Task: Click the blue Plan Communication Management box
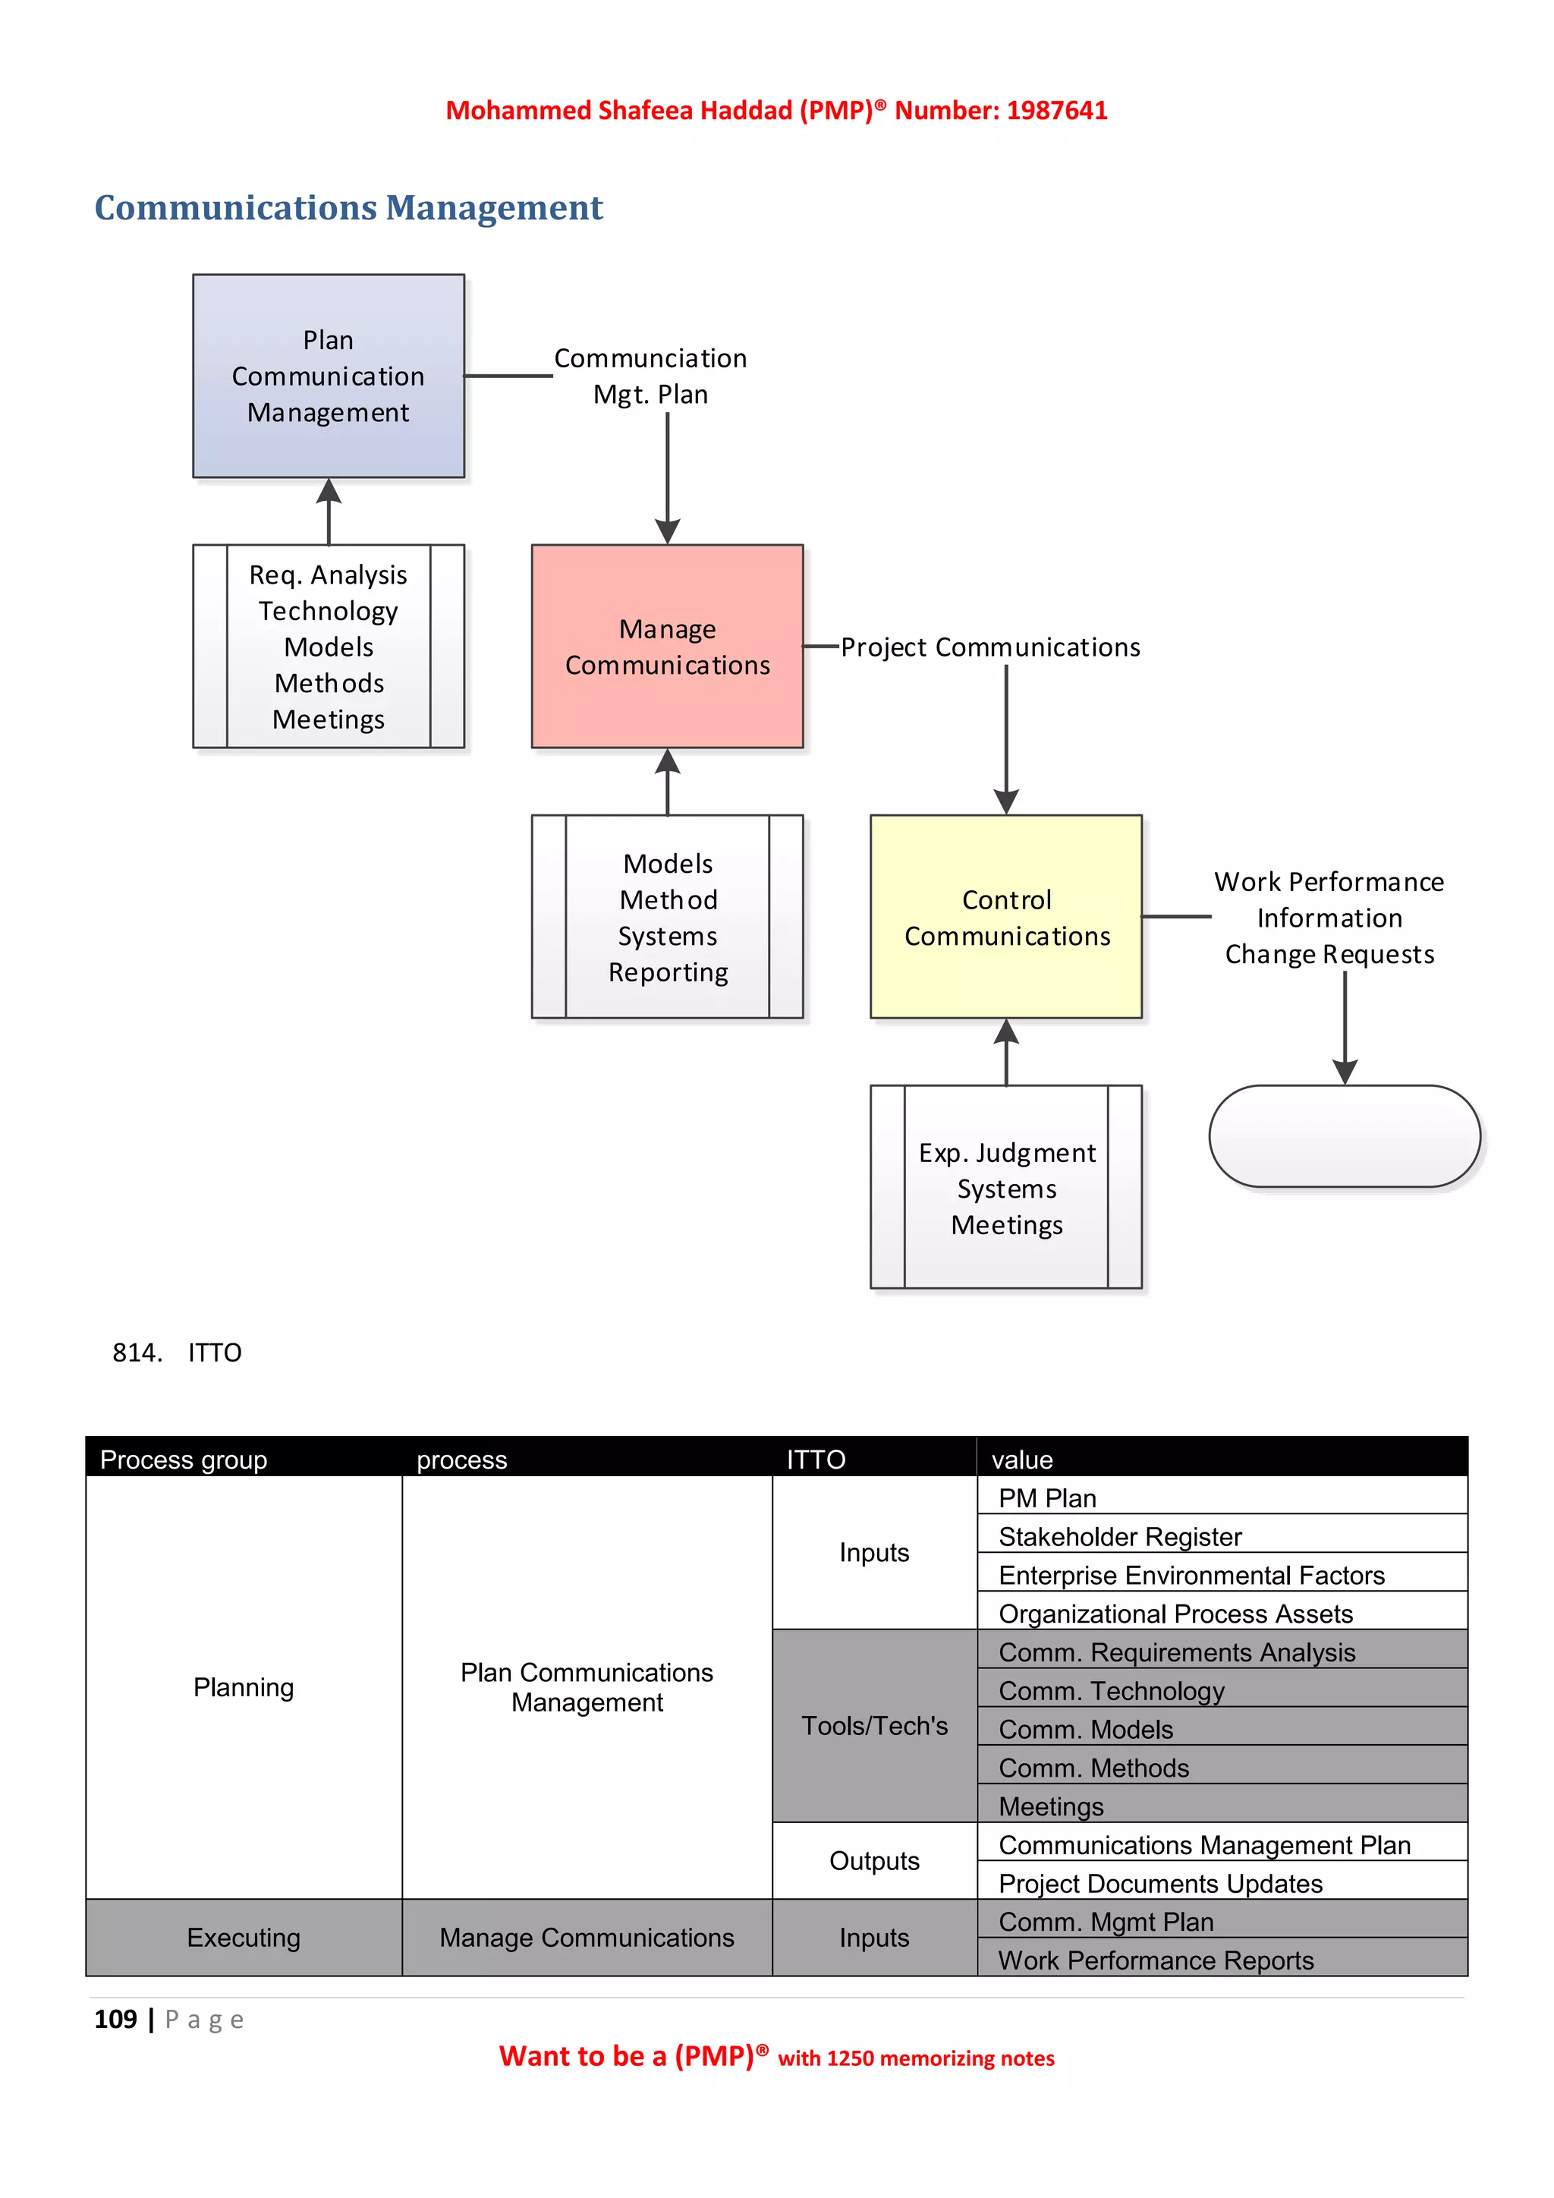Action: (x=329, y=376)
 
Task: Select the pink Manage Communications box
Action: (x=667, y=646)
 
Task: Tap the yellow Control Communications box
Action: (x=1005, y=916)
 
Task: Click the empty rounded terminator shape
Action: (x=1345, y=1136)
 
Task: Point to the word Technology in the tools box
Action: (x=329, y=611)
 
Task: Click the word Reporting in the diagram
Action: (x=668, y=973)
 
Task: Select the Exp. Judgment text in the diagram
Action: (x=1007, y=1153)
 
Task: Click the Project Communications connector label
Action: (x=990, y=647)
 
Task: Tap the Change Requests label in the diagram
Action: (x=1329, y=955)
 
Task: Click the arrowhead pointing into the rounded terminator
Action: (x=1345, y=1072)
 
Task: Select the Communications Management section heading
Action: (x=348, y=208)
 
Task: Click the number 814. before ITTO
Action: (x=137, y=1352)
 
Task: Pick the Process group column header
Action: (x=184, y=1460)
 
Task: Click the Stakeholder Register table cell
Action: (x=1119, y=1536)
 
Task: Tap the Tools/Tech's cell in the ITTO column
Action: (x=873, y=1725)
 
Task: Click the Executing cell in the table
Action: (x=243, y=1938)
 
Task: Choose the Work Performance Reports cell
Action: (x=1155, y=1960)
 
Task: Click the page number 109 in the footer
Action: (x=116, y=2019)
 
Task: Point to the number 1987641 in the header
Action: (x=1056, y=111)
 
